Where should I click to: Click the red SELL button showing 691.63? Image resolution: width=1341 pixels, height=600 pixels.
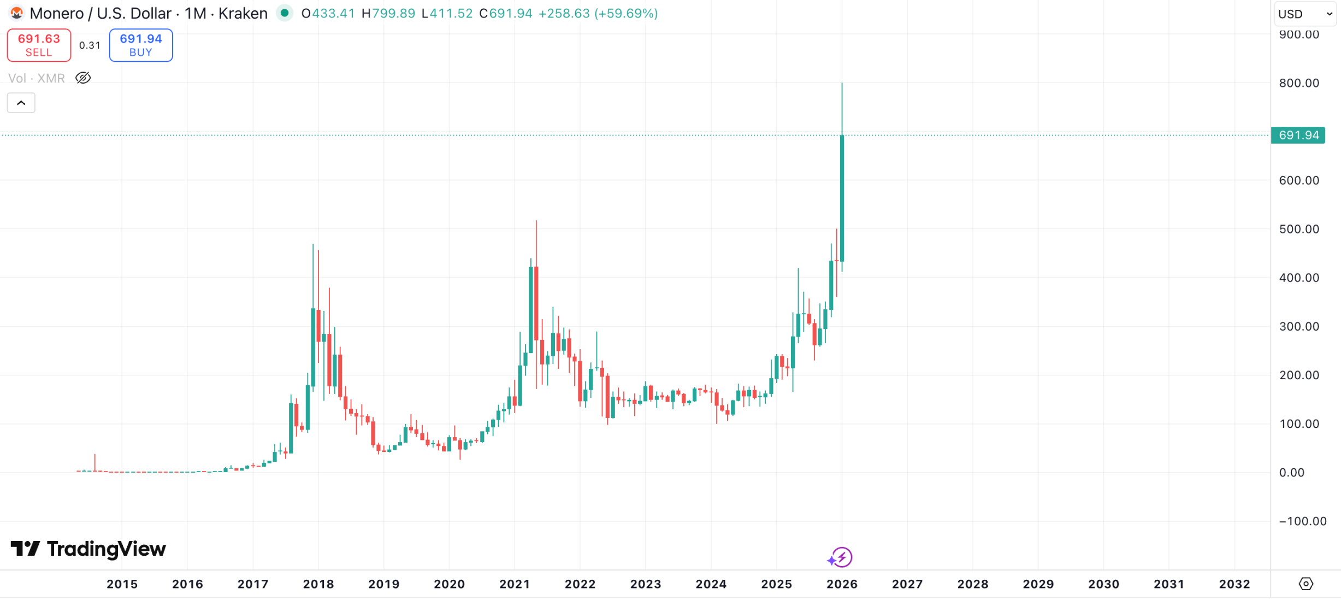pyautogui.click(x=39, y=45)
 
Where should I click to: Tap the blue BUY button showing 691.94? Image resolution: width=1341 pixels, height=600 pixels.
pyautogui.click(x=141, y=45)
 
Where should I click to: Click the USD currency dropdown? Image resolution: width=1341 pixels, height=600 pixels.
pyautogui.click(x=1305, y=14)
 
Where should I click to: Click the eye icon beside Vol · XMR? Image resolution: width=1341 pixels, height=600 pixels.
pyautogui.click(x=83, y=78)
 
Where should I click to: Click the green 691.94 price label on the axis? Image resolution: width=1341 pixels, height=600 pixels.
pyautogui.click(x=1298, y=135)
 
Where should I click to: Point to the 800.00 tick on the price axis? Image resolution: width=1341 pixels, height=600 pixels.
pyautogui.click(x=1298, y=83)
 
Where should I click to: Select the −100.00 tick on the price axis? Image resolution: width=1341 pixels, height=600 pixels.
pyautogui.click(x=1302, y=521)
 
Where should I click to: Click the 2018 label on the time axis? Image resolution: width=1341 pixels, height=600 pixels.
pyautogui.click(x=318, y=584)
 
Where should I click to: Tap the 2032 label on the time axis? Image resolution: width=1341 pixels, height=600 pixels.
pyautogui.click(x=1234, y=584)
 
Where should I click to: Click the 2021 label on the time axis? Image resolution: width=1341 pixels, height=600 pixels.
pyautogui.click(x=515, y=584)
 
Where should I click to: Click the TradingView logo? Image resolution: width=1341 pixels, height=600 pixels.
pyautogui.click(x=88, y=549)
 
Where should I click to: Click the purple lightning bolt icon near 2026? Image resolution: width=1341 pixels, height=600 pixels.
pyautogui.click(x=842, y=557)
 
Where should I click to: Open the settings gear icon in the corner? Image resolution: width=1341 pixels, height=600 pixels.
pyautogui.click(x=1305, y=584)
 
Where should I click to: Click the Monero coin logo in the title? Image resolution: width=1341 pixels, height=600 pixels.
pyautogui.click(x=16, y=13)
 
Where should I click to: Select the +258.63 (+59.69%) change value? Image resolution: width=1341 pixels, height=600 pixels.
pyautogui.click(x=598, y=13)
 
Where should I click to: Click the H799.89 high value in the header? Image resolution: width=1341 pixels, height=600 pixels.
pyautogui.click(x=388, y=13)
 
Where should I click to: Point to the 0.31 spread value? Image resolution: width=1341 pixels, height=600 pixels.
pyautogui.click(x=90, y=45)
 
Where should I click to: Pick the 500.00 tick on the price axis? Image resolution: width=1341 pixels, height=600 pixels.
pyautogui.click(x=1298, y=229)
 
